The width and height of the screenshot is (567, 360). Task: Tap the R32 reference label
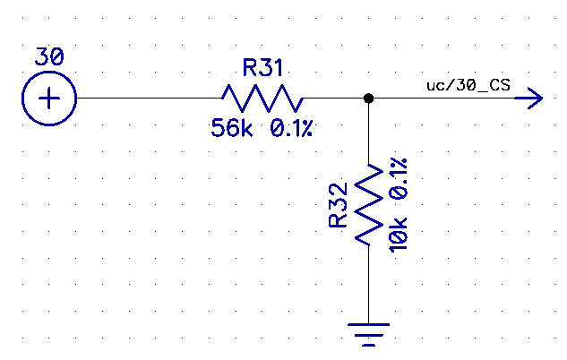point(338,205)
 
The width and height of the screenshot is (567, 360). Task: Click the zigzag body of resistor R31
point(262,97)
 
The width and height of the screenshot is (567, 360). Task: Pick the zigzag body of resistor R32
point(368,205)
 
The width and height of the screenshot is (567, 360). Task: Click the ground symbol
point(368,333)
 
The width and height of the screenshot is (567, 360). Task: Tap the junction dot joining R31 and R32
point(368,97)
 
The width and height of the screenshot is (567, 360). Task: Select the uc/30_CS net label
point(469,84)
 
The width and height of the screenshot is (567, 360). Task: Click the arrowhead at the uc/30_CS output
point(536,97)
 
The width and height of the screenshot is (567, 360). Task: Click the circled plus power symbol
point(48,97)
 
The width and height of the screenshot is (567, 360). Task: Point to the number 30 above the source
point(48,56)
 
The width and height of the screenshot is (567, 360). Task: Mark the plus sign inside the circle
point(48,97)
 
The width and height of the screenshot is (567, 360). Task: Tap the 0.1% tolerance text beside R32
point(399,176)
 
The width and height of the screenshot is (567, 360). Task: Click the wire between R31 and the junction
point(333,97)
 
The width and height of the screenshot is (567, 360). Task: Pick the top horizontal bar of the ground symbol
point(368,323)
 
